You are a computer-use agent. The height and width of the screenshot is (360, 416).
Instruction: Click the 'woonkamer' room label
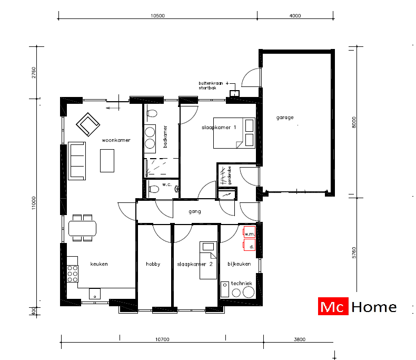[x=116, y=140]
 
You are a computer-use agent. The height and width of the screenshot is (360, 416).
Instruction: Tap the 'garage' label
[x=284, y=118]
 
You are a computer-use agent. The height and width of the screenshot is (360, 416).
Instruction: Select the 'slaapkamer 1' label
[x=219, y=128]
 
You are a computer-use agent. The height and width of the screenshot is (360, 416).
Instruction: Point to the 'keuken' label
[x=98, y=264]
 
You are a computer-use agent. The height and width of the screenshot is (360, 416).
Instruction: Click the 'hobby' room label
[x=153, y=264]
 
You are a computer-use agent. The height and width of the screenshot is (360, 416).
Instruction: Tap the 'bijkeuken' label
[x=239, y=264]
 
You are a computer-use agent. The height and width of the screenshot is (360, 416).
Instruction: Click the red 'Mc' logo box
[x=332, y=307]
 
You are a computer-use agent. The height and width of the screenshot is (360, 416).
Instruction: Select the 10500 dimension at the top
[x=158, y=16]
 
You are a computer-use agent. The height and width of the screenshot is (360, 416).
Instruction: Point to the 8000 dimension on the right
[x=354, y=122]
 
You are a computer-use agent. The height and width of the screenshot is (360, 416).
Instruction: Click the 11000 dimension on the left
[x=33, y=203]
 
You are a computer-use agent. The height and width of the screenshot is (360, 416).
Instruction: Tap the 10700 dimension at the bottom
[x=162, y=339]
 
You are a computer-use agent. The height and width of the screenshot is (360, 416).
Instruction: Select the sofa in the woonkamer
[x=77, y=161]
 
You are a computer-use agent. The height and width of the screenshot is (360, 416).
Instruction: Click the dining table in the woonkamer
[x=83, y=228]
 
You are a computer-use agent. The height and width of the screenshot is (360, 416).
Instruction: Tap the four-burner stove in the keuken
[x=73, y=274]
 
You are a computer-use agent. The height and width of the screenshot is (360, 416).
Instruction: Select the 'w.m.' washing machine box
[x=249, y=233]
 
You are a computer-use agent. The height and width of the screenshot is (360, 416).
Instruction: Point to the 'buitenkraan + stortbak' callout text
[x=211, y=86]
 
